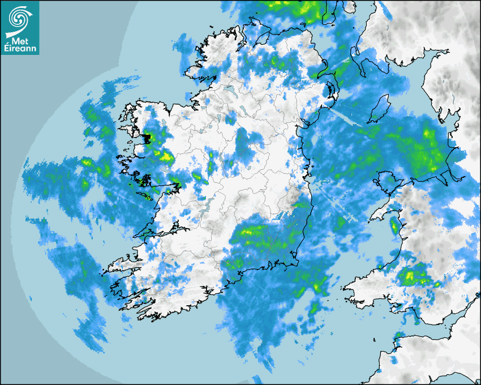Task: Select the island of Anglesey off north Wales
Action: (386, 180)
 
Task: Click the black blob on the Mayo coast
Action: (148, 138)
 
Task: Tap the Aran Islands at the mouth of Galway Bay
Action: (147, 196)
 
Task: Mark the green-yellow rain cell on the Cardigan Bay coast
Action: (394, 227)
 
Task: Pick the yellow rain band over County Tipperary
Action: (252, 230)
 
